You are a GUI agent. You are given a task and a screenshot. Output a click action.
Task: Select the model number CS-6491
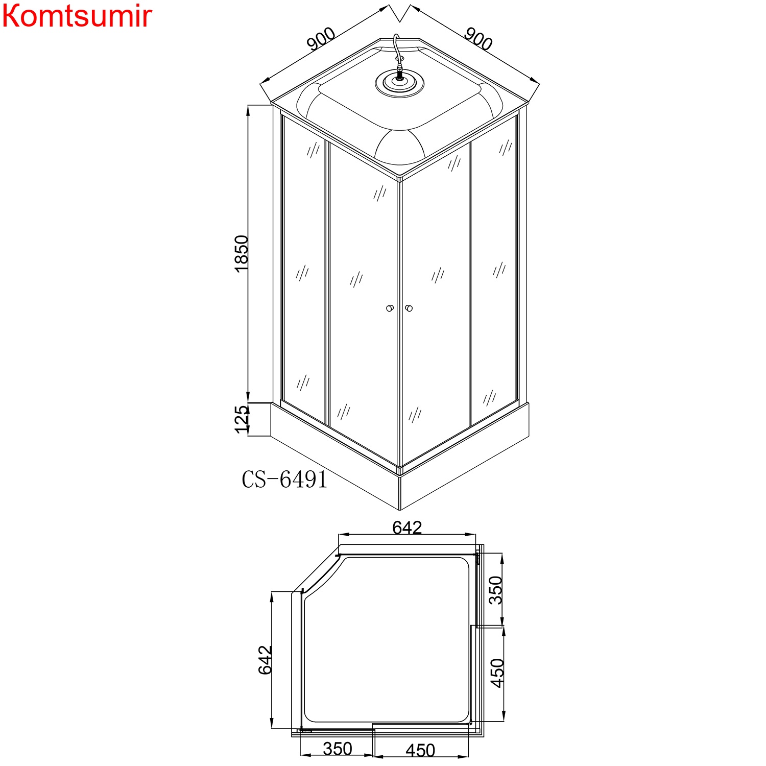coord(284,480)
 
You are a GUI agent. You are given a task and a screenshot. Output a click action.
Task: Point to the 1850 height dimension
coord(242,253)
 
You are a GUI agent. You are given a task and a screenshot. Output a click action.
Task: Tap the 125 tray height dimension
coord(242,419)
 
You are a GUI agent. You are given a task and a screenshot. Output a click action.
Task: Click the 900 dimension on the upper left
coord(321,39)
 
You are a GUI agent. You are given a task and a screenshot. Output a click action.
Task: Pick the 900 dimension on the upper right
coord(478,39)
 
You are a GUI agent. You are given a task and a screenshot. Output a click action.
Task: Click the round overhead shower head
coord(399,82)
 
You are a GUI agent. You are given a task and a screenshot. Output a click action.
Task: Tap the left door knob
coord(390,308)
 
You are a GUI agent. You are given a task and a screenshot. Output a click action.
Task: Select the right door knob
coord(408,308)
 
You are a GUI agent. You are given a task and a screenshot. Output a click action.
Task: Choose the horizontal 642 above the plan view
coord(407,527)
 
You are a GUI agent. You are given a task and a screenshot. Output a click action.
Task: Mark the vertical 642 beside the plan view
coord(265,660)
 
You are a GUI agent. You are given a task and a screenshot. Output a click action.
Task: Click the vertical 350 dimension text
coord(496,590)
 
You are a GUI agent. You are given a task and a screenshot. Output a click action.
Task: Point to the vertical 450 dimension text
coord(497,673)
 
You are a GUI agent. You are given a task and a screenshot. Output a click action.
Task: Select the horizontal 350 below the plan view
coord(337,749)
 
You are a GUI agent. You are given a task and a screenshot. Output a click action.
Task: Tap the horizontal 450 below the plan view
coord(420,750)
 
